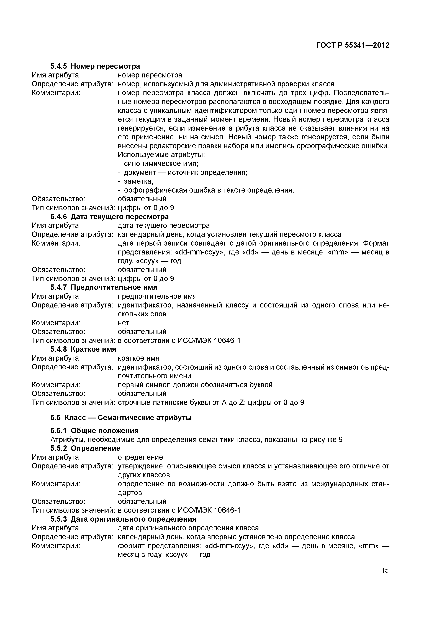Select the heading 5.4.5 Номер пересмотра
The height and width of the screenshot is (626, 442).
tap(95, 66)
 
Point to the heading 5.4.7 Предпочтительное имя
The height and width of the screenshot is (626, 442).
tap(104, 287)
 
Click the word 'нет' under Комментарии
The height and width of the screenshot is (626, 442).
tap(123, 323)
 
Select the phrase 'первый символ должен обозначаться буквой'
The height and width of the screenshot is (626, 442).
tap(195, 385)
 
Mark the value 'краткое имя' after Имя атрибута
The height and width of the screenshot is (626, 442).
tap(139, 358)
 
